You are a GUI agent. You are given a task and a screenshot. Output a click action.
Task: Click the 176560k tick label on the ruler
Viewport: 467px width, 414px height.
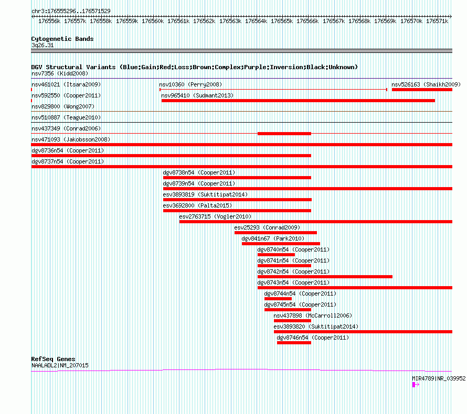tap(153, 21)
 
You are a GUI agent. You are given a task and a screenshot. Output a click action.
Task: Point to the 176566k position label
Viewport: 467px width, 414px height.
tap(307, 21)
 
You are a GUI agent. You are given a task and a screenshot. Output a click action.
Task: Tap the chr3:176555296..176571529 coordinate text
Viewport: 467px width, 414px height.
tap(71, 11)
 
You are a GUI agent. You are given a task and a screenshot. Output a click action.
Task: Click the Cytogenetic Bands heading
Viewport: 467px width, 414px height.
tap(62, 39)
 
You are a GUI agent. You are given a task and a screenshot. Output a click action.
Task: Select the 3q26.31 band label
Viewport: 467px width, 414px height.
tap(43, 45)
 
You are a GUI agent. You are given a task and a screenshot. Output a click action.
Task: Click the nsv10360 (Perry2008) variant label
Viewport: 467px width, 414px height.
tap(190, 84)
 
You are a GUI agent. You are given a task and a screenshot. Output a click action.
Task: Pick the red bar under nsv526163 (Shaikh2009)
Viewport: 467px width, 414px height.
tap(422, 90)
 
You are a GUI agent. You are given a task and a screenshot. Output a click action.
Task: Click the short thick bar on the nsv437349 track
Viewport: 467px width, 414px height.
tap(284, 134)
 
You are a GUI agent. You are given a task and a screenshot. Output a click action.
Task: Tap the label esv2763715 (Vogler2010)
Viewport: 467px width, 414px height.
tap(215, 216)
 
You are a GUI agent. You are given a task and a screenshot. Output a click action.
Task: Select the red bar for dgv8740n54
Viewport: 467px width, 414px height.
tap(276, 255)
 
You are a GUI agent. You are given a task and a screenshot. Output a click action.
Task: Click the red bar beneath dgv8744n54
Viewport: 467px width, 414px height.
tap(278, 299)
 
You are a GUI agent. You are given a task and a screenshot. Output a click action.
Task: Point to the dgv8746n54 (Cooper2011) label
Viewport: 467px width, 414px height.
tap(313, 337)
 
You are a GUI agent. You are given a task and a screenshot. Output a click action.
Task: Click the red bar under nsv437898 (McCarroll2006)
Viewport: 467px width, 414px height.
tap(292, 321)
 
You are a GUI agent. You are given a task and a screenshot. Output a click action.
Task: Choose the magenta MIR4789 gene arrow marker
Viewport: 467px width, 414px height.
tap(416, 385)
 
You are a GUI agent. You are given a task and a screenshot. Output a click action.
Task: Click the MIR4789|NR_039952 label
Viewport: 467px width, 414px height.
tap(439, 378)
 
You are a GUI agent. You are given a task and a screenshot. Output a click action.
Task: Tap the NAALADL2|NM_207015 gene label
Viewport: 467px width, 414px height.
tap(60, 365)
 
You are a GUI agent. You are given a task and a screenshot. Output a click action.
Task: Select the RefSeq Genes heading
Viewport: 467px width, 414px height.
tap(54, 359)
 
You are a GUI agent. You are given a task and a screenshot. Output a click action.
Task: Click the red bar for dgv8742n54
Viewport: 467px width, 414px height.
tap(325, 277)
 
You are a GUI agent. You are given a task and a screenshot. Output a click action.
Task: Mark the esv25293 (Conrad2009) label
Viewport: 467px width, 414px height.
tap(267, 227)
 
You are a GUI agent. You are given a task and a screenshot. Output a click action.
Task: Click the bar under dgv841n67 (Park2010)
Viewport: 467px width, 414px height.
tap(281, 244)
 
